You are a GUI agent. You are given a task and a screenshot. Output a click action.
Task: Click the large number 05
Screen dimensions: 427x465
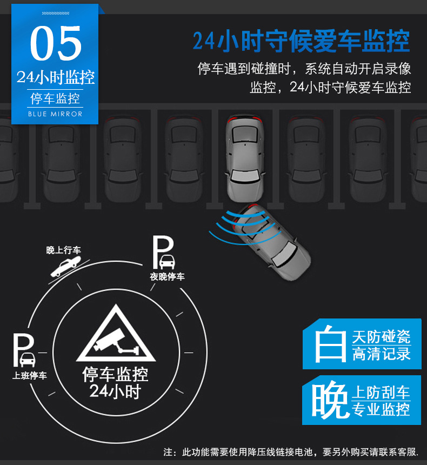[x=56, y=43]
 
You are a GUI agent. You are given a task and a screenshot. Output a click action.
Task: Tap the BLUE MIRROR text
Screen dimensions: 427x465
[x=55, y=114]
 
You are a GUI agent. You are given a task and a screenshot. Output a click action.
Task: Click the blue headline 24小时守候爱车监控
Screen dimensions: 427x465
[x=301, y=41]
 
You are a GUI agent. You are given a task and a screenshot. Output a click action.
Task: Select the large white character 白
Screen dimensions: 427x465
[x=330, y=344]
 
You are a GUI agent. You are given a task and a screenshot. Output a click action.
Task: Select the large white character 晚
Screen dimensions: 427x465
[x=330, y=400]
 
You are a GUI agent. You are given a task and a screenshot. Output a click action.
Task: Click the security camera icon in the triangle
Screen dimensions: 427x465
[x=116, y=342]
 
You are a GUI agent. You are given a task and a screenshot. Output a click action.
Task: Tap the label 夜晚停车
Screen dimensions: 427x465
[x=167, y=277]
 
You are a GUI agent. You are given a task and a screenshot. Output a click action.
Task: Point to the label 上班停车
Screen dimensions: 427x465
[x=29, y=375]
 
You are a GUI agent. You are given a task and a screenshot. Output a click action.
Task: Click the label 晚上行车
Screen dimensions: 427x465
[x=63, y=250]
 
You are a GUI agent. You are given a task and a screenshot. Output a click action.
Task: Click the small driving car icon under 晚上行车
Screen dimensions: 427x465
[x=65, y=267]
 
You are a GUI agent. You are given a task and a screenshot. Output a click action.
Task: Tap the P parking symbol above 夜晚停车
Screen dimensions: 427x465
[x=163, y=253]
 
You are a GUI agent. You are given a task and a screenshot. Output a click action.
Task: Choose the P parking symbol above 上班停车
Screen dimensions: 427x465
[x=24, y=350]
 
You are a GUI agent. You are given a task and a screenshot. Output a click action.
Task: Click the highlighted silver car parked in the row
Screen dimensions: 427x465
[x=245, y=158]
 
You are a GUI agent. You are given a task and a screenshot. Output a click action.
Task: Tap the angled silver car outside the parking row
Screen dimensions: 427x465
[x=271, y=242]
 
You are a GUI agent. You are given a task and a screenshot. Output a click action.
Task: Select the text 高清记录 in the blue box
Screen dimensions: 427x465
[x=382, y=354]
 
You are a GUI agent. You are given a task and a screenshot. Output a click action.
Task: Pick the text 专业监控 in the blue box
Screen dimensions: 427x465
[x=381, y=409]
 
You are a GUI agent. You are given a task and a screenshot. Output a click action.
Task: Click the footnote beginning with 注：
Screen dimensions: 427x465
[x=291, y=452]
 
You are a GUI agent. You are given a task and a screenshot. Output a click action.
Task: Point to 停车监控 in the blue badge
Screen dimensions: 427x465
[x=55, y=98]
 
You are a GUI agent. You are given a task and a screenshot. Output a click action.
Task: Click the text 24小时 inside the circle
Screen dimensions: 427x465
[x=115, y=391]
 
